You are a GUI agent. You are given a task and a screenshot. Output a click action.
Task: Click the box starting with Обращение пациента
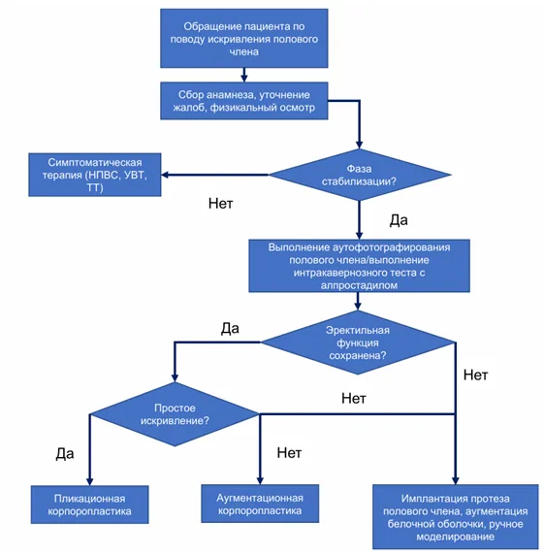point(244,38)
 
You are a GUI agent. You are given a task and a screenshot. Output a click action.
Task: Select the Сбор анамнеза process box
point(244,101)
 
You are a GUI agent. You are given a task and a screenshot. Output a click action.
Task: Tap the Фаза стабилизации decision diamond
point(360,175)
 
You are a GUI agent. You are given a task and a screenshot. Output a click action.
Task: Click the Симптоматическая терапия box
point(95,175)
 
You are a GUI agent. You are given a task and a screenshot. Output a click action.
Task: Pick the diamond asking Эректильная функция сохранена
point(358,343)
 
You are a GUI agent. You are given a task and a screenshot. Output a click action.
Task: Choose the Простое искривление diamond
point(175,414)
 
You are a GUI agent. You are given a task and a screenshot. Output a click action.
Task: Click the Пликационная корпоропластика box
point(89,505)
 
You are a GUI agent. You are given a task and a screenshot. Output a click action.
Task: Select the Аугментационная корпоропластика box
point(260,504)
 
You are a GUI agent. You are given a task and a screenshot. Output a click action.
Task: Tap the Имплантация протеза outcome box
point(456,517)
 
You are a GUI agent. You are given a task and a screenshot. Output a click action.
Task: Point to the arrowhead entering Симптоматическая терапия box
point(164,175)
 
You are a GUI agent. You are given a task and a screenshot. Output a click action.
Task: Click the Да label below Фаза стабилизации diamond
point(399,220)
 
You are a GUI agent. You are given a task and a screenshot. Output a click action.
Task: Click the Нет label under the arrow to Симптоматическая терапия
point(221,204)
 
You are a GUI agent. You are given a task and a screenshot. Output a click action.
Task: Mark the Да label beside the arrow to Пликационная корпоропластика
point(65,454)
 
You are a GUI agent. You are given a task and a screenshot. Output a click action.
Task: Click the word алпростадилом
point(359,285)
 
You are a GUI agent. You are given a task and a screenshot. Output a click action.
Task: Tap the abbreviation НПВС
point(103,176)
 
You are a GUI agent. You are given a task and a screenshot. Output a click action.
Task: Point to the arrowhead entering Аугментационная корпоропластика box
point(260,481)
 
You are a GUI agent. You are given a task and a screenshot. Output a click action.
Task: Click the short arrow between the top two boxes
point(244,75)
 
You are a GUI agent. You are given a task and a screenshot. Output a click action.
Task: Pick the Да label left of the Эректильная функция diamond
point(230,329)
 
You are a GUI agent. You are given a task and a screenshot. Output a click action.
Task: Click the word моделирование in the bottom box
point(455,537)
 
